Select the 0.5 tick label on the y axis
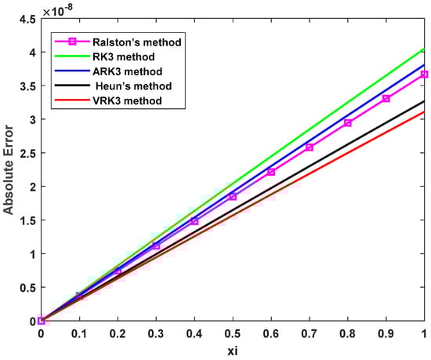click(27, 288)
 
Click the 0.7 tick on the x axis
click(309, 333)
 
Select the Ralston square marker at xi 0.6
click(271, 172)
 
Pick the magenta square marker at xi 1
click(424, 75)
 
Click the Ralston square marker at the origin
click(42, 320)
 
